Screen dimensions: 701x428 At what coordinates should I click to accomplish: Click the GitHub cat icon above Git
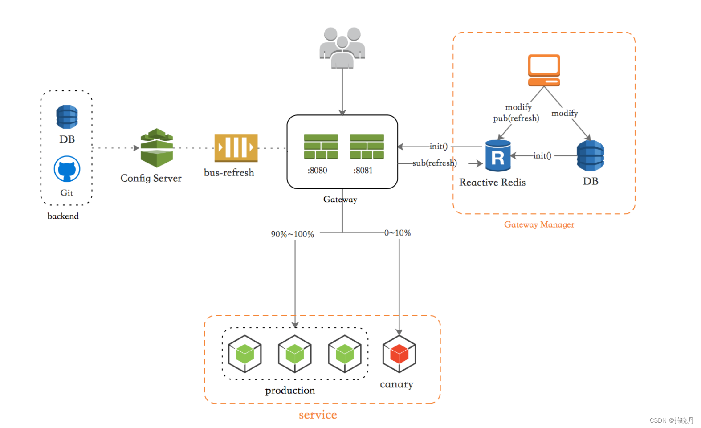67,169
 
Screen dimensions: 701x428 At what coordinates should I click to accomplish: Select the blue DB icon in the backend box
67,117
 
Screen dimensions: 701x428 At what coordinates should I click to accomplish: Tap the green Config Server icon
157,148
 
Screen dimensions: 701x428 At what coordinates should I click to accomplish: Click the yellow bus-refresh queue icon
236,148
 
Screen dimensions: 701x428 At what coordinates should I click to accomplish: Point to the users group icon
342,48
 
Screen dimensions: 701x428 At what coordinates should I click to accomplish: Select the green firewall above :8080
321,147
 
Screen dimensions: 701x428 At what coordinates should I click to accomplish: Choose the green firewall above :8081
367,147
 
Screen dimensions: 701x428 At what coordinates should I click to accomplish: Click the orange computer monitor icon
544,70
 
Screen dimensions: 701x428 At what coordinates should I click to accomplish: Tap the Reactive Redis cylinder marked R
498,155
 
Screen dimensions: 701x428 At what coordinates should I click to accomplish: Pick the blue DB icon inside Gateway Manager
591,155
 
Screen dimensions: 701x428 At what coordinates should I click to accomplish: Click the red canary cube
399,354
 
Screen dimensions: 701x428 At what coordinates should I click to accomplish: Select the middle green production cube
294,354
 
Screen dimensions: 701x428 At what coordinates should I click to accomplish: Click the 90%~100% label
292,234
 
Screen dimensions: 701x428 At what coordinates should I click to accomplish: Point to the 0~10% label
397,233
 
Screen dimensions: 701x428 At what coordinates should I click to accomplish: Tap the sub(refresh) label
435,163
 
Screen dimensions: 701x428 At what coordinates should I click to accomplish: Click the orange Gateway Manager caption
539,224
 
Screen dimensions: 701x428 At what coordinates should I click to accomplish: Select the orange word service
318,415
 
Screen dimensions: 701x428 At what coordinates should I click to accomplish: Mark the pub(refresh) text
516,118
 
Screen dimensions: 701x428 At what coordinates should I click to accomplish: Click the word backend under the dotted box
63,216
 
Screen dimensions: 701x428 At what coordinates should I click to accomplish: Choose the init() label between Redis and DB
542,155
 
